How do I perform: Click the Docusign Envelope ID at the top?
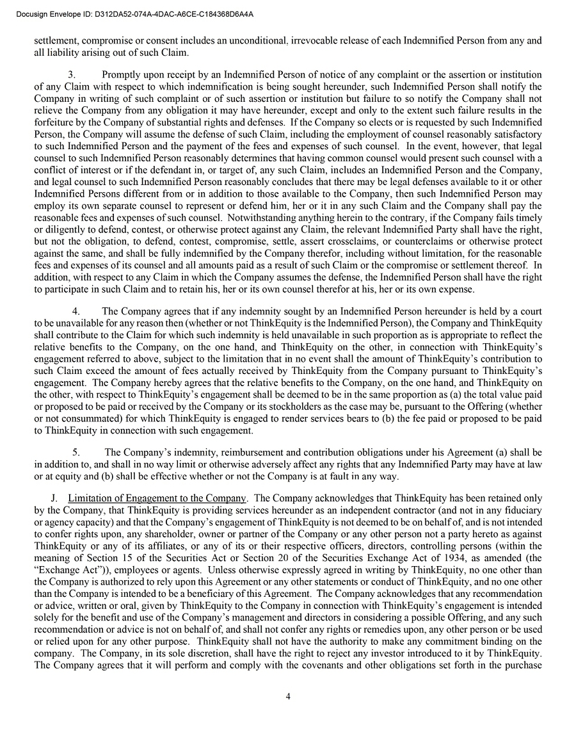[134, 13]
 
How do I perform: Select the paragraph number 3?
[72, 75]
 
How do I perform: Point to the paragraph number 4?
[76, 311]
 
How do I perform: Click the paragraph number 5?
[76, 453]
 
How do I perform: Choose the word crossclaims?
[353, 241]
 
